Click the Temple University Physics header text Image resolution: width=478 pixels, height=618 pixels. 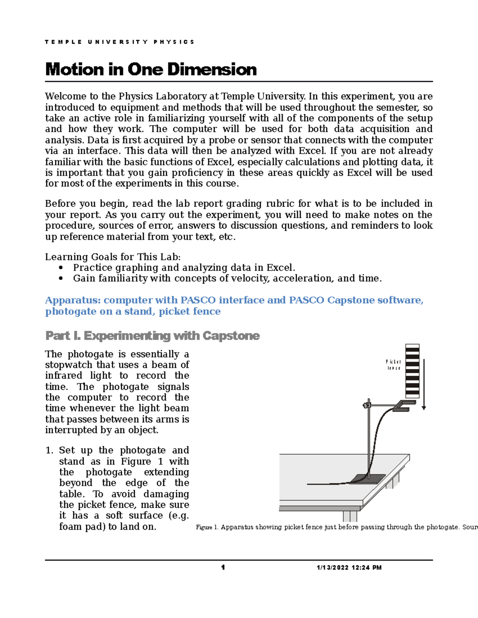[x=119, y=42]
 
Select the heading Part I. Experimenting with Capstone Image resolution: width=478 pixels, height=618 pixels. [x=153, y=336]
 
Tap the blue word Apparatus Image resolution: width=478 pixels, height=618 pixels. [x=73, y=300]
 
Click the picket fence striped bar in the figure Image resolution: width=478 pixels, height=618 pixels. [x=412, y=371]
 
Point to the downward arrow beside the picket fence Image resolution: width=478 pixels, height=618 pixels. [x=424, y=384]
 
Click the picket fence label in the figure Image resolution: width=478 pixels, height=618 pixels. [x=394, y=365]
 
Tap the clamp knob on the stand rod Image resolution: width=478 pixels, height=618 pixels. [x=366, y=406]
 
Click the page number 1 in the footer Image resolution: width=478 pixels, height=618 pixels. [x=223, y=567]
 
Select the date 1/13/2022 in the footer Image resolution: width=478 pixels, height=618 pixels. [x=333, y=568]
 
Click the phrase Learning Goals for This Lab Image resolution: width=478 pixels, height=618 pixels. [x=113, y=257]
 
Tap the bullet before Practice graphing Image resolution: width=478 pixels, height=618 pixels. [x=61, y=268]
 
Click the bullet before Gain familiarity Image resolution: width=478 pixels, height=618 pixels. [x=61, y=279]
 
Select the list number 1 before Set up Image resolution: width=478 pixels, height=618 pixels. [x=49, y=450]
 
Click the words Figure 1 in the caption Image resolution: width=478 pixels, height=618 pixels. [x=207, y=527]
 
